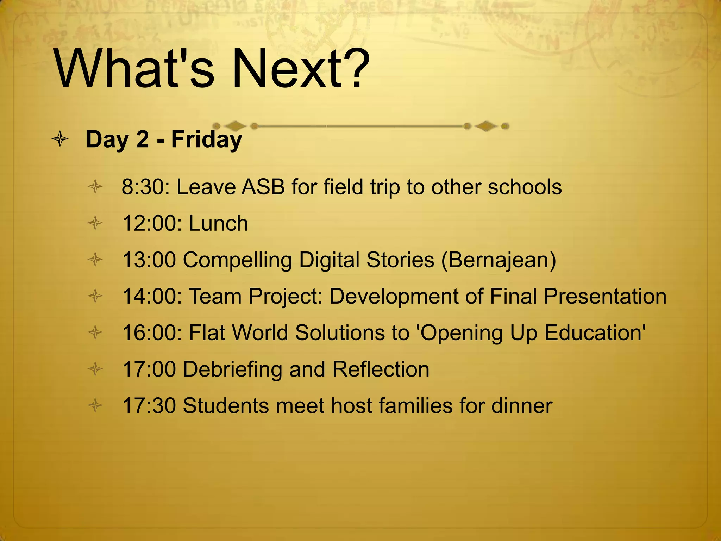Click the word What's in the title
click(x=134, y=69)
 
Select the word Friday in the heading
click(x=207, y=140)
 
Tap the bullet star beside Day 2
click(x=60, y=139)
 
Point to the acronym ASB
click(x=263, y=187)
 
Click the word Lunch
click(x=218, y=223)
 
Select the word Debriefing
click(x=232, y=369)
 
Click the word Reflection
click(x=381, y=369)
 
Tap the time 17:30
click(x=149, y=406)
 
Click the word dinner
click(x=522, y=406)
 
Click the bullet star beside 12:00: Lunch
click(x=95, y=223)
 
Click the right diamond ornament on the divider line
click(x=486, y=126)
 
